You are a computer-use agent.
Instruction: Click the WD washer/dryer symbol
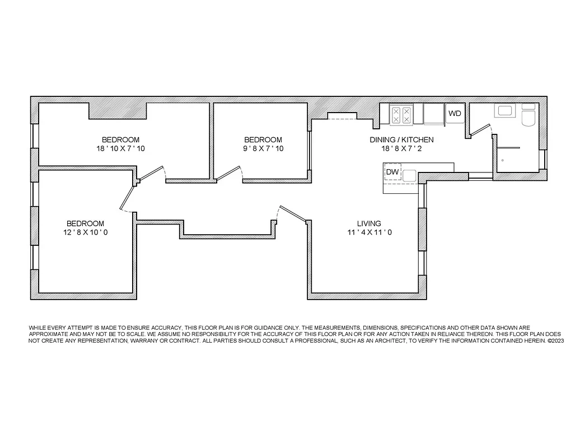(455, 114)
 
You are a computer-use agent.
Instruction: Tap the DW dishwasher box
(392, 172)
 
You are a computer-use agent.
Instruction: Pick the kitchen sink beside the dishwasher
(409, 176)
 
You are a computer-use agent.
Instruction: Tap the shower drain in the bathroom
(502, 160)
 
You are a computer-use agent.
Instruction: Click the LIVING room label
(369, 223)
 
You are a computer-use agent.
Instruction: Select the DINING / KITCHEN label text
(401, 140)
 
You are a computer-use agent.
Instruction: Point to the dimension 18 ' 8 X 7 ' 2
(401, 149)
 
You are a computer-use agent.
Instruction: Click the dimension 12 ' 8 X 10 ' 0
(85, 232)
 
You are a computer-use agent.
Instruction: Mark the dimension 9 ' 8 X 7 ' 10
(263, 149)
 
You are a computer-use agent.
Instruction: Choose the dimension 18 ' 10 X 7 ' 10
(120, 149)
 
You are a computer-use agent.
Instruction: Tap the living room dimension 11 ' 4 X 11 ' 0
(369, 232)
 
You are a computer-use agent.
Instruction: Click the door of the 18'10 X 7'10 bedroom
(151, 173)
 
